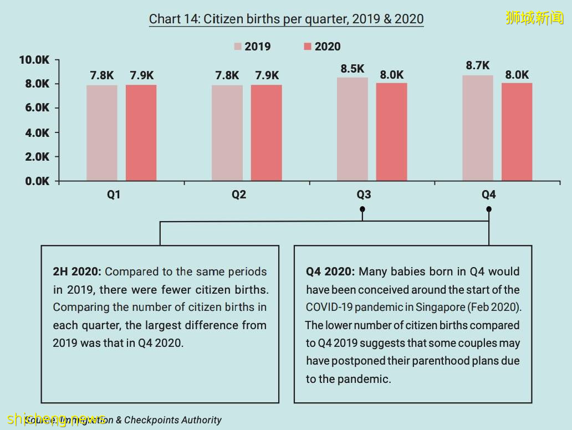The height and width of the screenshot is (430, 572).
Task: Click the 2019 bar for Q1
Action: (x=101, y=133)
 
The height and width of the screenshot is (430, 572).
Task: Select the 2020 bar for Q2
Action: (x=266, y=133)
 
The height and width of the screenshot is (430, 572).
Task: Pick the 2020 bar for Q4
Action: (x=517, y=132)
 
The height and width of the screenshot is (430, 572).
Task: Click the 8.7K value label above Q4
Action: (x=477, y=65)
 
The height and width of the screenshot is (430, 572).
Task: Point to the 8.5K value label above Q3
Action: (x=353, y=69)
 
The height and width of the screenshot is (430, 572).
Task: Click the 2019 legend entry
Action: (x=252, y=47)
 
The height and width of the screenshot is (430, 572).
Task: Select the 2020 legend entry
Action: (x=322, y=47)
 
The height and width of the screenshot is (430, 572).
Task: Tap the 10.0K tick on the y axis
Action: (x=34, y=60)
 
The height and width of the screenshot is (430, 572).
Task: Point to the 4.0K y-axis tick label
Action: (x=37, y=133)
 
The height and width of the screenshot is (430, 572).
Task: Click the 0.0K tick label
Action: (x=37, y=181)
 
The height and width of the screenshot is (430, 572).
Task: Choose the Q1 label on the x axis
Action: (x=114, y=195)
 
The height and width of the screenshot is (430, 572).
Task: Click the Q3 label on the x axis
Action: (x=364, y=195)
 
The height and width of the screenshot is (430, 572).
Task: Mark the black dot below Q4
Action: (x=489, y=209)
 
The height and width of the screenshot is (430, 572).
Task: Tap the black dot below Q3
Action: (x=362, y=209)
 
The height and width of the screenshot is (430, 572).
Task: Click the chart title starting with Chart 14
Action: (x=286, y=19)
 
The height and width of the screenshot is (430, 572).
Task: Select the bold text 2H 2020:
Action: (x=77, y=272)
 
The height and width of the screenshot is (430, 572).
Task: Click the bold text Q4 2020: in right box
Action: (x=330, y=272)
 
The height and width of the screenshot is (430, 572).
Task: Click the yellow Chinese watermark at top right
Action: (x=534, y=18)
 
